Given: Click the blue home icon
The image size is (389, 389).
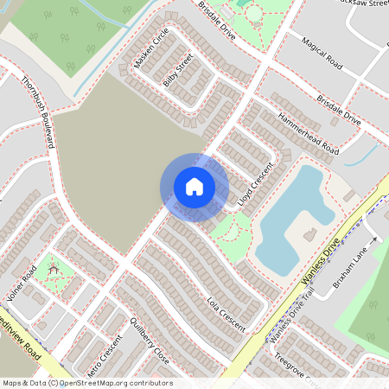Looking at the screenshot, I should point(194,187).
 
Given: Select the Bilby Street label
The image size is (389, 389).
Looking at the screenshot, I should point(178,71).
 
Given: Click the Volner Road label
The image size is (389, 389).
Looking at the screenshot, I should point(19,287).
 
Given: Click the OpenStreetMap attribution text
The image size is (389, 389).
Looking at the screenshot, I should point(86,383).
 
